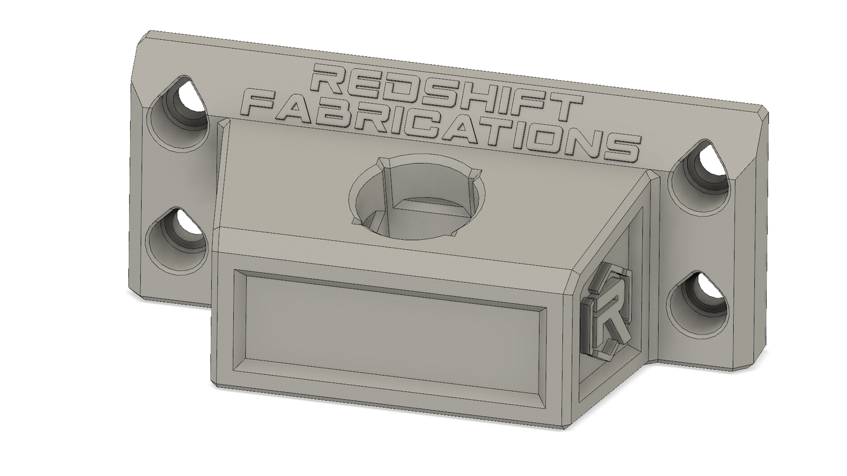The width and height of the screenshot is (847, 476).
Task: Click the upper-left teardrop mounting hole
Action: point(178,115)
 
